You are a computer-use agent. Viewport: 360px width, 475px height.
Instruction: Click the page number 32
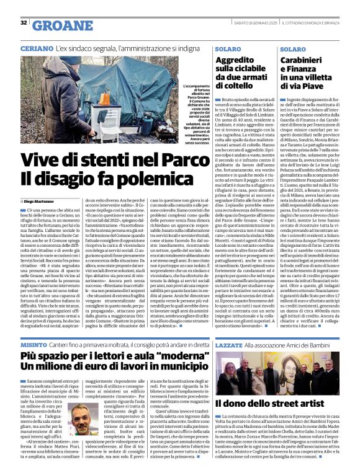point(23,23)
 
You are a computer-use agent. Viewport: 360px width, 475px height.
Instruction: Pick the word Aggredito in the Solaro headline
point(237,60)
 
